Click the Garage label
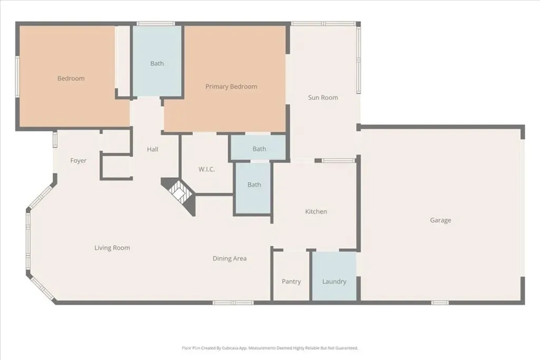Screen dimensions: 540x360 (440, 220)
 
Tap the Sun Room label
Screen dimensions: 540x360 (323, 98)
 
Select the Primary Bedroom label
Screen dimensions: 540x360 (231, 87)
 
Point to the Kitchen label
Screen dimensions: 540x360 (316, 212)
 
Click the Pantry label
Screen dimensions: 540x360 (291, 281)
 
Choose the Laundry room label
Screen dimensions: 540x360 (334, 281)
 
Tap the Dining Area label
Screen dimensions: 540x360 (229, 258)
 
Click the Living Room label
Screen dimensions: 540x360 (112, 248)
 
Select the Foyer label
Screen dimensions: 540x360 (78, 161)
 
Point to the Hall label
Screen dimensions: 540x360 (152, 149)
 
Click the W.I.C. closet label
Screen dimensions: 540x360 (207, 169)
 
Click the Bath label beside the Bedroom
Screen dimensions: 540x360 (157, 63)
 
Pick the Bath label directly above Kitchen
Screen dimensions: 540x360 (254, 185)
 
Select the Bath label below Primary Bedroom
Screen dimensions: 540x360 (259, 149)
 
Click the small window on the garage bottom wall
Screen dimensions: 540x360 (440, 303)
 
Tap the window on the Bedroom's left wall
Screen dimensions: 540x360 (17, 76)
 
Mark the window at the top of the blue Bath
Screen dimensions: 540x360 (156, 24)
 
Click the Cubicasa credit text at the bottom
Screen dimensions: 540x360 (270, 348)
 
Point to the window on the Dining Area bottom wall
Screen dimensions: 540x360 (233, 303)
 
